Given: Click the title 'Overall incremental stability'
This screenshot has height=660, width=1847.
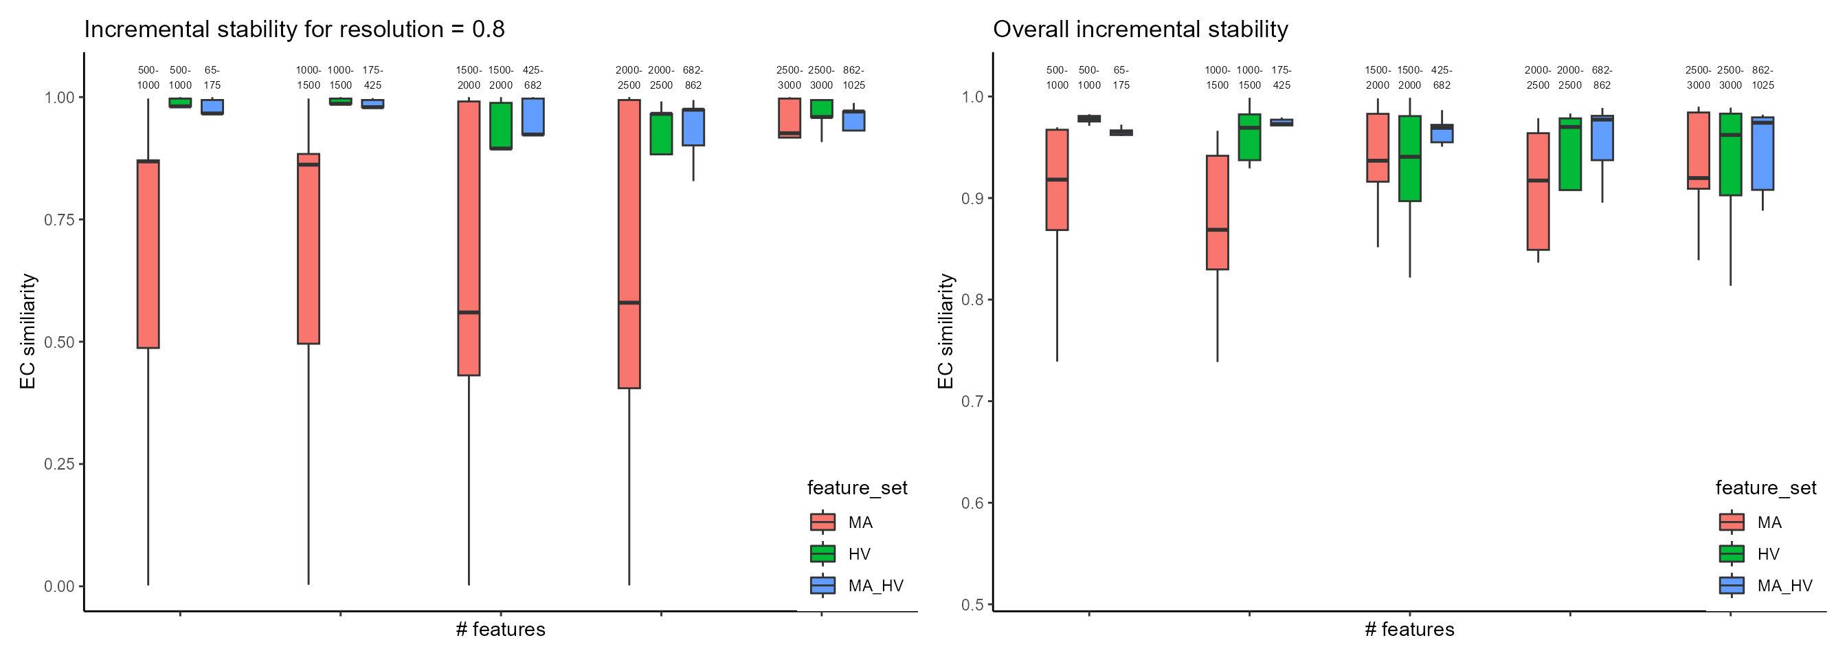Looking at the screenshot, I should [1140, 30].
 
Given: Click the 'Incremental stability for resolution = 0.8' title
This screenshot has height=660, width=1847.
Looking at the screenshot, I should [295, 30].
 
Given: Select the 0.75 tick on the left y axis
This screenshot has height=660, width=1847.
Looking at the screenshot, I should [60, 219].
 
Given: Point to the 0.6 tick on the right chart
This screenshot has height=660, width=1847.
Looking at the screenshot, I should [972, 503].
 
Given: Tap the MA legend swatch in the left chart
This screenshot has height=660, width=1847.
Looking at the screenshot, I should [822, 522].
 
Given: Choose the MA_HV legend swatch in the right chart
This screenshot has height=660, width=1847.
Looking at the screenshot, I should [1732, 585].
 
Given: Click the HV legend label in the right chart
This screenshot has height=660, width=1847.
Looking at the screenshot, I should [1768, 554].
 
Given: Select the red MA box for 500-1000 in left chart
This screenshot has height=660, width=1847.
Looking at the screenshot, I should [148, 254].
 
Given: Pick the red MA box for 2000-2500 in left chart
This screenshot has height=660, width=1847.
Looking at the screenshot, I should [629, 244].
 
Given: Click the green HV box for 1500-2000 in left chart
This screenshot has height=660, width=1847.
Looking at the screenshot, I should [500, 126].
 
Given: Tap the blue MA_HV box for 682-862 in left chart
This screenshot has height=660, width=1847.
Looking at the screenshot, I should [693, 127].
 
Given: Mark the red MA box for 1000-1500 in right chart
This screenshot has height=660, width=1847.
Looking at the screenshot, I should [1218, 212].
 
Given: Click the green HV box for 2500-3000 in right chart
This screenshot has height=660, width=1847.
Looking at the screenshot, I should [1730, 154].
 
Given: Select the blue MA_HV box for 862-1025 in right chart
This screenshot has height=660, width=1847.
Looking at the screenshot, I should [1762, 153].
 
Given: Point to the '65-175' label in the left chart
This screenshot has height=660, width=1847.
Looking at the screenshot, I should [212, 78].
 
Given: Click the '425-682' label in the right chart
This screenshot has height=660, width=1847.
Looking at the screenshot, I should [1442, 78].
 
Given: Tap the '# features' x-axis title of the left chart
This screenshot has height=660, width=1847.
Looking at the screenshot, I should [500, 630].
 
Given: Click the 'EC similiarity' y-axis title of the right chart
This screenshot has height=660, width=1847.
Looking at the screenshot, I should [945, 331].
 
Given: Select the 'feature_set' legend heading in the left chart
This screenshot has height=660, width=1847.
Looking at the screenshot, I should [857, 488].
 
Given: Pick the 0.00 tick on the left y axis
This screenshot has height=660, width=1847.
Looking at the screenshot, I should [60, 586].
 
